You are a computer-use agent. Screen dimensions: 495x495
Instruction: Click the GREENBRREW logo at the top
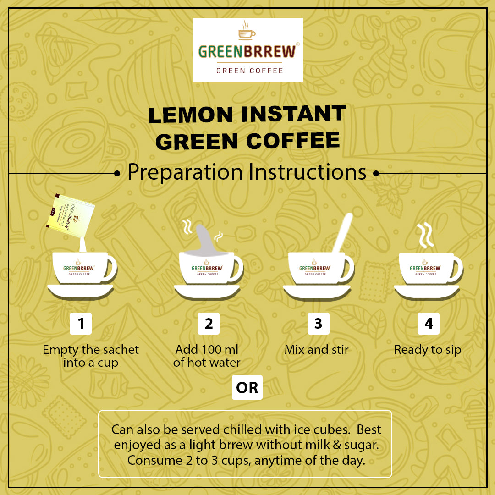pos(247,50)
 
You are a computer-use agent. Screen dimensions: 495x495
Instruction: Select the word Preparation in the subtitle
pos(185,172)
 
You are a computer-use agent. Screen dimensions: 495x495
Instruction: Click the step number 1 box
pos(81,324)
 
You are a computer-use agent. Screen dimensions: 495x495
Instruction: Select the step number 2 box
pos(209,324)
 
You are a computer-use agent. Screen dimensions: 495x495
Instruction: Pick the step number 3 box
pos(318,324)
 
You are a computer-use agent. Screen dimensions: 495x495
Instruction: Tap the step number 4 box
pos(429,324)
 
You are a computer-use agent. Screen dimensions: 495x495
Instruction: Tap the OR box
pos(247,388)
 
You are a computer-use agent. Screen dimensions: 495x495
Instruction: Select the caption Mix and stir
pos(316,350)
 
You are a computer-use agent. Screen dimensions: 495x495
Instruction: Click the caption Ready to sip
pos(427,350)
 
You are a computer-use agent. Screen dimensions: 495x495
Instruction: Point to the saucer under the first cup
pos(81,291)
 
